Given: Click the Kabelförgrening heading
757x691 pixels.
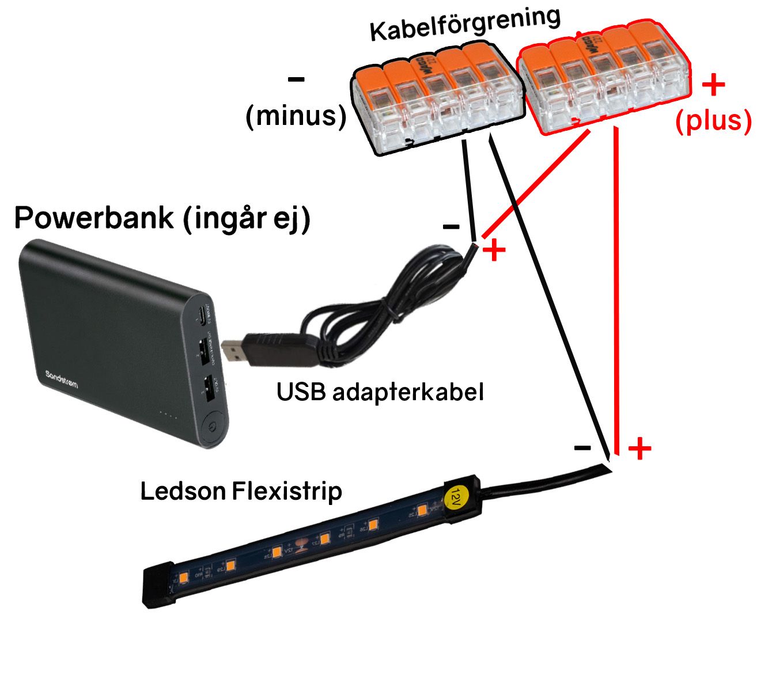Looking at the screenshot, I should pyautogui.click(x=465, y=24).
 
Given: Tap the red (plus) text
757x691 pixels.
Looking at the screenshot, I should pyautogui.click(x=714, y=121).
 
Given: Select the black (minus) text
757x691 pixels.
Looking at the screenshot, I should pyautogui.click(x=296, y=116).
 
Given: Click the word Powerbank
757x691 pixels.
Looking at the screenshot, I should pyautogui.click(x=94, y=218).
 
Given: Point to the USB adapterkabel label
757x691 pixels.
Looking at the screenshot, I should pyautogui.click(x=380, y=392).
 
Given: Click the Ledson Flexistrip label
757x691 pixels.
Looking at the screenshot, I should pyautogui.click(x=241, y=492).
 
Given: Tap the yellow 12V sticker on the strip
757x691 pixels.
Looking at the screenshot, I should pyautogui.click(x=456, y=494).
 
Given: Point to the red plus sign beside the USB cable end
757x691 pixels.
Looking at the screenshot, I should pyautogui.click(x=494, y=251).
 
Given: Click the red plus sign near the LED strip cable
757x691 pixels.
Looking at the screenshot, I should pyautogui.click(x=639, y=449).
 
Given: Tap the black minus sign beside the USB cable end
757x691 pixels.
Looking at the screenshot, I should pyautogui.click(x=451, y=227).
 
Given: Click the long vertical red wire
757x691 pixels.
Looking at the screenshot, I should pyautogui.click(x=616, y=288).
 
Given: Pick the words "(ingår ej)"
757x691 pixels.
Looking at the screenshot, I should pyautogui.click(x=247, y=219).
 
